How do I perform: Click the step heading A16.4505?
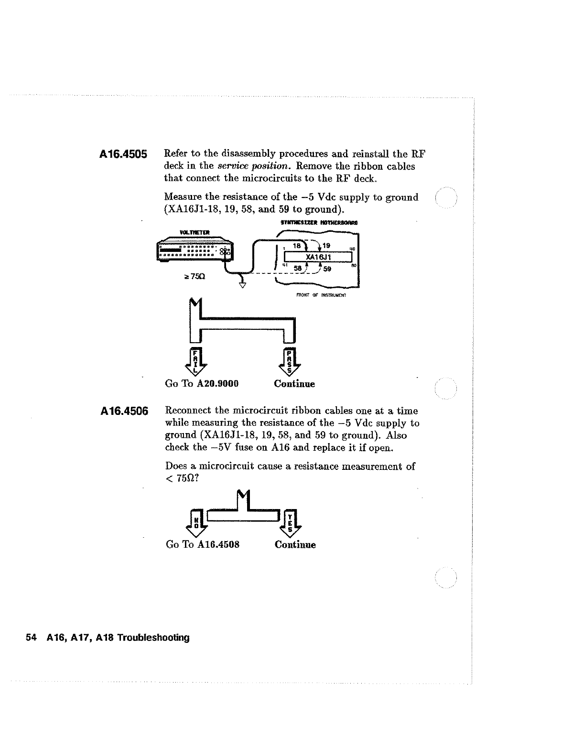click(x=123, y=154)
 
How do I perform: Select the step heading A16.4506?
click(x=124, y=411)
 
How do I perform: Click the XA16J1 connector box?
click(x=318, y=257)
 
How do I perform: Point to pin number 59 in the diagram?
click(x=327, y=269)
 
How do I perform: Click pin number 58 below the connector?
click(x=298, y=269)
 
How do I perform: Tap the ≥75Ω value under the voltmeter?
click(x=195, y=277)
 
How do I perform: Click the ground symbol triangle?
click(x=242, y=285)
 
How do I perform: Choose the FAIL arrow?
click(x=195, y=362)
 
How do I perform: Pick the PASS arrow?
click(x=289, y=362)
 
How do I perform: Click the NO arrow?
click(x=195, y=522)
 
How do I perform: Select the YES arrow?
click(x=290, y=522)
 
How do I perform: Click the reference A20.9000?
click(x=217, y=384)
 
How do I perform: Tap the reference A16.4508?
click(x=218, y=544)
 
